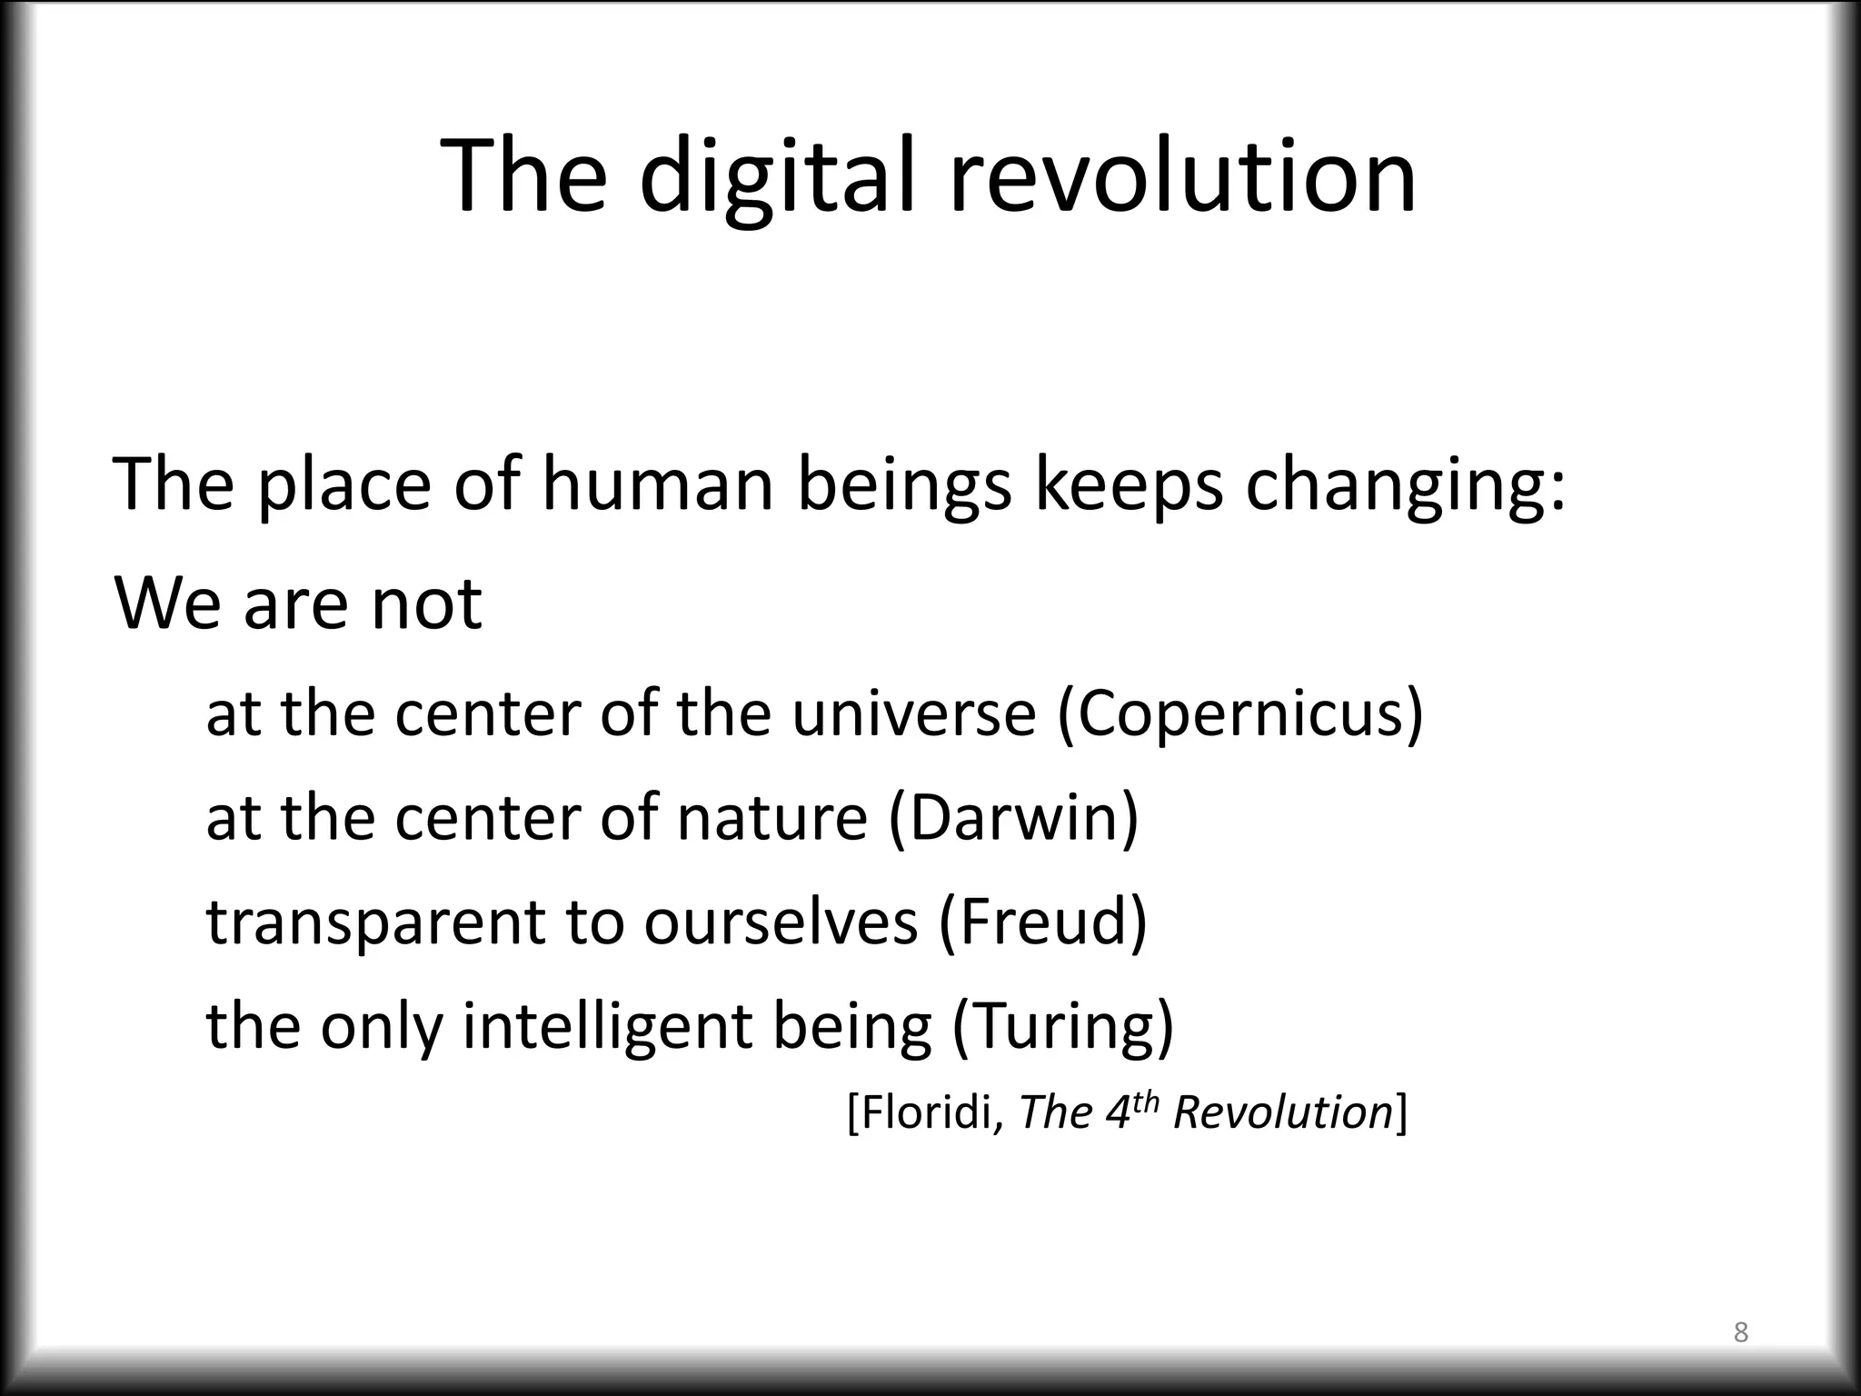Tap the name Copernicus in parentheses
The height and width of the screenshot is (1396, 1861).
point(1240,713)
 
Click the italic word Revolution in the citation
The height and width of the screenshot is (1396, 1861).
point(1282,1112)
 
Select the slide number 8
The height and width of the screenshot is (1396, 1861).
point(1740,1332)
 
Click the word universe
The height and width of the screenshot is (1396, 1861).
point(913,713)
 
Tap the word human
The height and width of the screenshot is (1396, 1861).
point(658,484)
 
